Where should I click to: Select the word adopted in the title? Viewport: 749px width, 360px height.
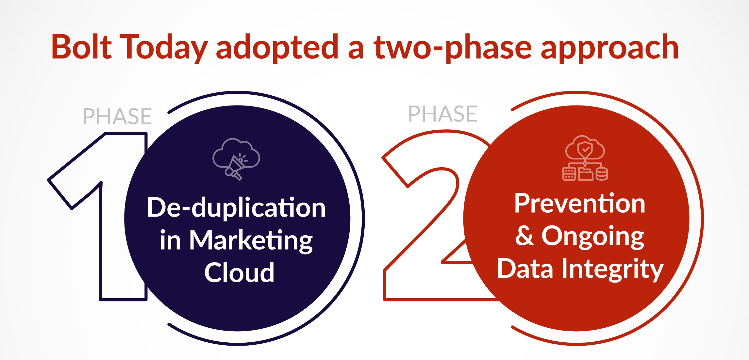pos(277,48)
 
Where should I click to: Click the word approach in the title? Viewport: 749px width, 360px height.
pos(610,48)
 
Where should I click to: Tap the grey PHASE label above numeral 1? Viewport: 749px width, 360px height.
pos(117,116)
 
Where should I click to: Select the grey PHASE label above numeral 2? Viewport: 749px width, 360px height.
pos(443,114)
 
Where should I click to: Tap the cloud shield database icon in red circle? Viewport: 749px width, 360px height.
pos(585,158)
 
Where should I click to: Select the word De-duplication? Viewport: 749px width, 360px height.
pos(236,208)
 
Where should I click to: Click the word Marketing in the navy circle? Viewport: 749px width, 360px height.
pos(251,241)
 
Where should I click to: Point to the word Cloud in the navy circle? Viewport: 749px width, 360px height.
pos(239,272)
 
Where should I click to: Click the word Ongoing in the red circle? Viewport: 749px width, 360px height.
pos(593,237)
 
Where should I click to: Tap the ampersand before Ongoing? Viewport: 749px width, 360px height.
pos(525,235)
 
